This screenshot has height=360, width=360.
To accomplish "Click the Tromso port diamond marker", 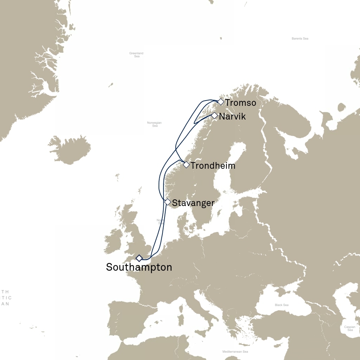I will [220, 102].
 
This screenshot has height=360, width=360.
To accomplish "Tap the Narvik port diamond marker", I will [214, 115].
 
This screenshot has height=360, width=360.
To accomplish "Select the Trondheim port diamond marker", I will [186, 165].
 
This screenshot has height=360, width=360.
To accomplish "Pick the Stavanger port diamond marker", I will [168, 202].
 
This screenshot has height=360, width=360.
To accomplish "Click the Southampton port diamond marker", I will [139, 258].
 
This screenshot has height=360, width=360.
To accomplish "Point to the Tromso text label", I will [240, 103].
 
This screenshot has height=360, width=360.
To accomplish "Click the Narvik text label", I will [232, 116].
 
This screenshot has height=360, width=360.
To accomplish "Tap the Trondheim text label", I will [213, 166].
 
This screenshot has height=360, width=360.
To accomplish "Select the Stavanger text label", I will [193, 203].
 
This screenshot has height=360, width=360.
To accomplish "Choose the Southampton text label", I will [139, 267].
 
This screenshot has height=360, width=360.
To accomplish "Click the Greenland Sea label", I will [136, 54].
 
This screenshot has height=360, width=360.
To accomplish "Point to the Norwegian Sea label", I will [155, 124].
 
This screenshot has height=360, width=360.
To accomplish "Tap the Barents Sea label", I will [300, 39].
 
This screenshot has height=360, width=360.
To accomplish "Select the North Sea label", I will [161, 221].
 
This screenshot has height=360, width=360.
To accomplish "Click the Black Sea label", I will [282, 305].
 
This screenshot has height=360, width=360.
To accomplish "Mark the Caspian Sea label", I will [350, 328].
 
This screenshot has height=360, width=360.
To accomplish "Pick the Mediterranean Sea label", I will [235, 352].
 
